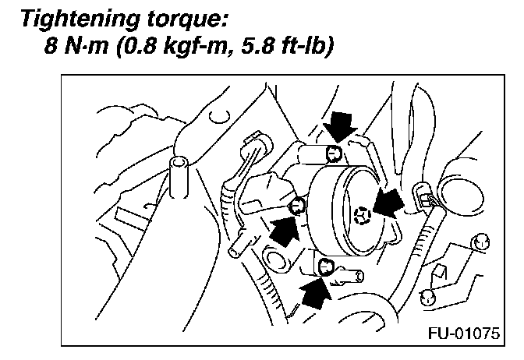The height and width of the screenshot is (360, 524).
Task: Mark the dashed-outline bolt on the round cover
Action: pos(361,214)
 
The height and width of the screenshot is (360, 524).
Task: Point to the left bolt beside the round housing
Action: pos(296,206)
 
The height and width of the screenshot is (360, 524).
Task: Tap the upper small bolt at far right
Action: pos(481,241)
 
